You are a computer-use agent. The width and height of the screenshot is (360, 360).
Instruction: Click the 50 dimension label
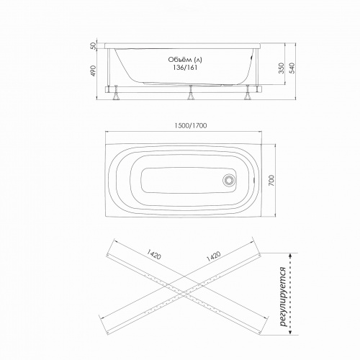[92, 47]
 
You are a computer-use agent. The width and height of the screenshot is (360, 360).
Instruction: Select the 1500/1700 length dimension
[190, 126]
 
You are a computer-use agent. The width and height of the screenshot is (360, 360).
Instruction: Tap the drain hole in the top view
[230, 181]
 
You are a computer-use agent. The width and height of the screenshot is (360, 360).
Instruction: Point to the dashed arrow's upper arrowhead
[289, 253]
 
